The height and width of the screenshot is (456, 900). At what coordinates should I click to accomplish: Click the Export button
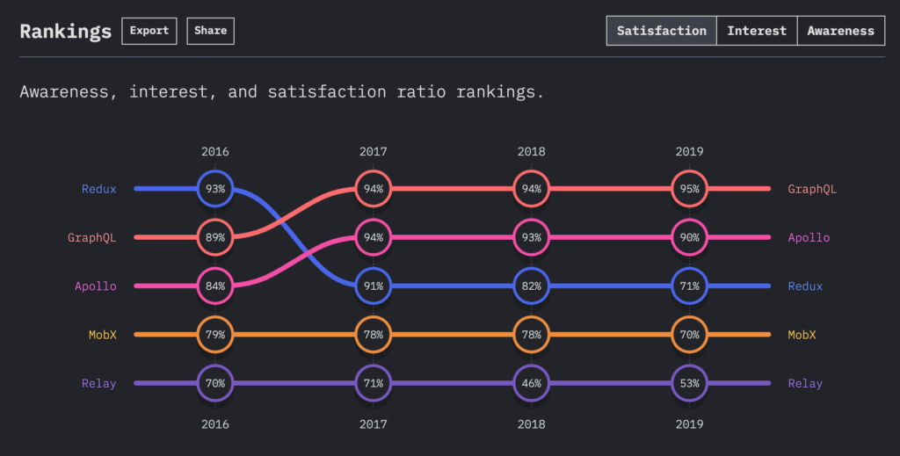click(149, 31)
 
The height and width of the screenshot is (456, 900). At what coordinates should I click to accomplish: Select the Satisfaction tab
click(661, 31)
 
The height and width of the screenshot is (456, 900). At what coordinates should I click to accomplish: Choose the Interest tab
click(756, 31)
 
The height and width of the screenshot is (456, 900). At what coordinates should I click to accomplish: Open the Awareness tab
click(840, 31)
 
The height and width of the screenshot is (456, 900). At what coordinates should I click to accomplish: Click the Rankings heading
click(66, 32)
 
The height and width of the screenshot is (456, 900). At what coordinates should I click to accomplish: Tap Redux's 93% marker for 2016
click(215, 189)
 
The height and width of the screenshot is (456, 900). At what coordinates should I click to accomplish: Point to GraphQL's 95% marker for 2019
click(689, 189)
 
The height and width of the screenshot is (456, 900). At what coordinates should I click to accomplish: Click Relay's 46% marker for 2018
click(531, 383)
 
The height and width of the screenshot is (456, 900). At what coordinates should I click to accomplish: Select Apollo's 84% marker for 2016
click(215, 286)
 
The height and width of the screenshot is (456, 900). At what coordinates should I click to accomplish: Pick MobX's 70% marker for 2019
click(689, 335)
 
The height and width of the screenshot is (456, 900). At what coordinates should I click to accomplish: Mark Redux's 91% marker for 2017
click(373, 286)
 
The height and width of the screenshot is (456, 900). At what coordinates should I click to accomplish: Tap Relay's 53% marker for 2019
click(689, 383)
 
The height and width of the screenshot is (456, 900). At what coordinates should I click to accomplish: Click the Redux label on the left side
click(98, 189)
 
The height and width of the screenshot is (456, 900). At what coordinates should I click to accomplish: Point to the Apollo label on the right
click(809, 237)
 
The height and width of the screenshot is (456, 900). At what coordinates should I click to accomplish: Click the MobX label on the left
click(102, 335)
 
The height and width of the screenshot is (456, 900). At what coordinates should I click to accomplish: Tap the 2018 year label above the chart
click(531, 151)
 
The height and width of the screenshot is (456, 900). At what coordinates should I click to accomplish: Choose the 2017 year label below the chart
click(373, 423)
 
